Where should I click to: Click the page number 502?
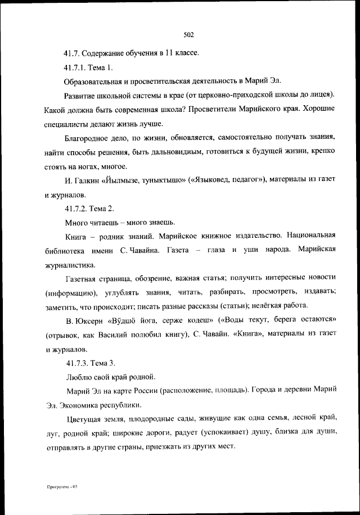coord(188,35)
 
